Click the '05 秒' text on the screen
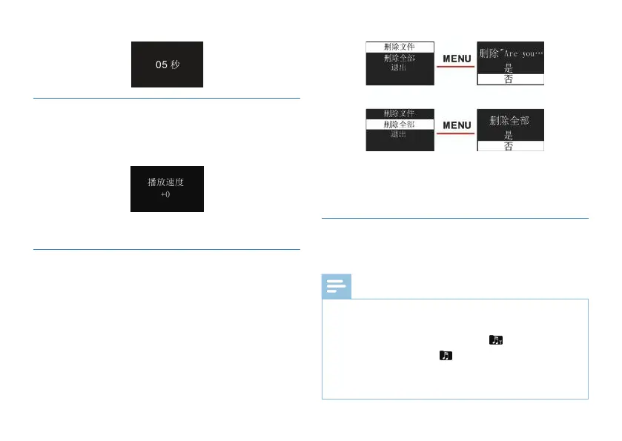(168, 64)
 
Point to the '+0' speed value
(167, 195)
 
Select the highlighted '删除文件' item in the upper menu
(400, 46)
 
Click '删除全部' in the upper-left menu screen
(400, 57)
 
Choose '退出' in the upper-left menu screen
(400, 67)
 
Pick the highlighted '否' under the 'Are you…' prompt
(509, 79)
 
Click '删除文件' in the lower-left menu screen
(400, 113)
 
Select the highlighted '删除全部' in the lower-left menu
(400, 125)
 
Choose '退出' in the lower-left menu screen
(400, 136)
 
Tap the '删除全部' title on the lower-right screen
(509, 120)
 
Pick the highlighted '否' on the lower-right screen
(509, 146)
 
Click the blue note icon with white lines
(336, 287)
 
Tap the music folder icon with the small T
(495, 340)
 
